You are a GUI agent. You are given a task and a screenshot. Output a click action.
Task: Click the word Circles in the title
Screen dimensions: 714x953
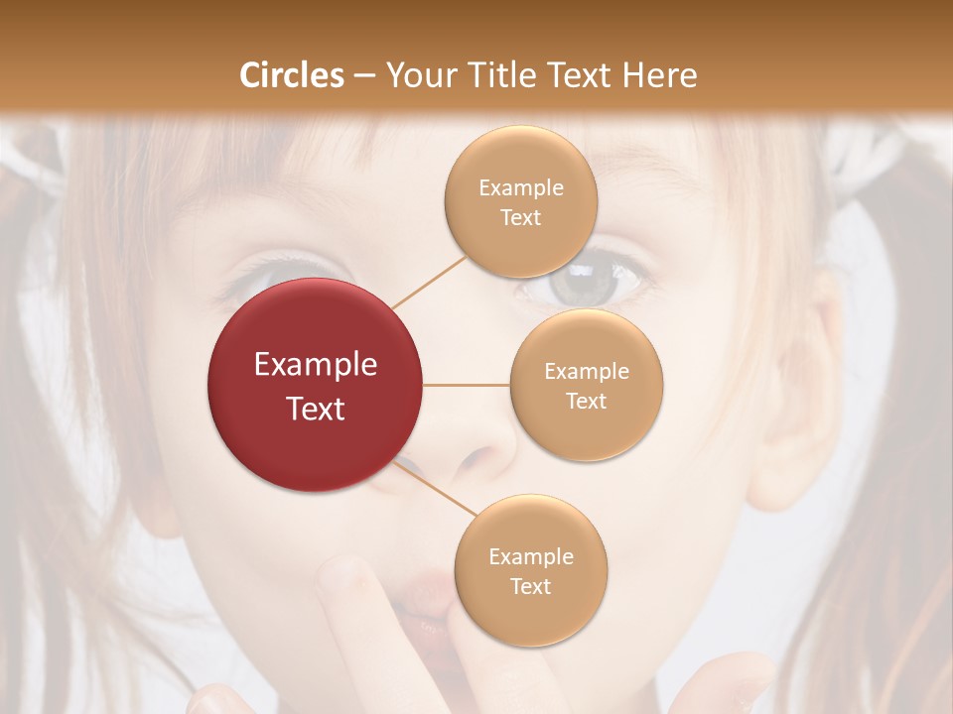292,75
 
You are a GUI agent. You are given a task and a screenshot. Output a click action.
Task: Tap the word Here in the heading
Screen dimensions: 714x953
659,75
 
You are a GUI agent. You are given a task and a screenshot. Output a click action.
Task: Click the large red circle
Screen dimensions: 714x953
316,385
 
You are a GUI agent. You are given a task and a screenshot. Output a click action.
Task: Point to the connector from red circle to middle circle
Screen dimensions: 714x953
466,385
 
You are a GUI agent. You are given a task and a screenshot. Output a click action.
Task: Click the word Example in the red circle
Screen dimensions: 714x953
316,365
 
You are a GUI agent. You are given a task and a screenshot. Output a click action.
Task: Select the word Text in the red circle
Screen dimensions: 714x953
316,408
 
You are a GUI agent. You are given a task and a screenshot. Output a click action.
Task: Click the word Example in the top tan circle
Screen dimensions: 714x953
520,188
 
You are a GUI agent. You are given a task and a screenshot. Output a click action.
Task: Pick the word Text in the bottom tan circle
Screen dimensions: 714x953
530,586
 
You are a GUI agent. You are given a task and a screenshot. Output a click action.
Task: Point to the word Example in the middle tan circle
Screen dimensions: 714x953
586,372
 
